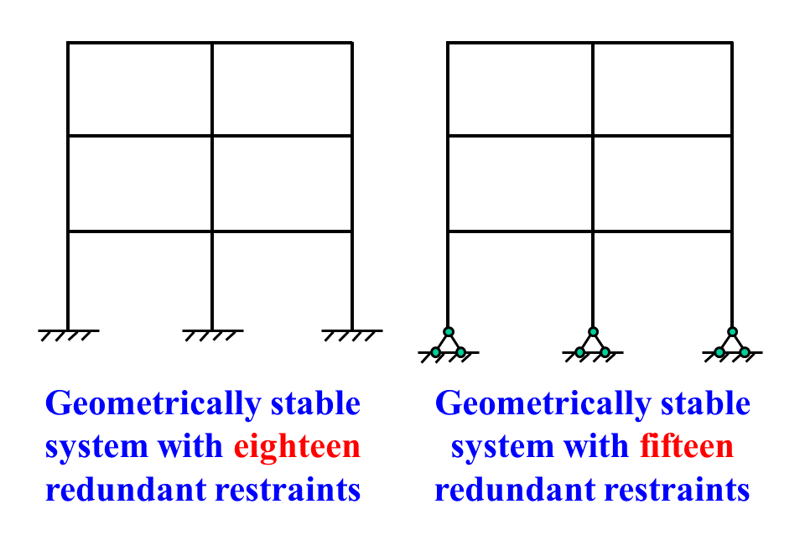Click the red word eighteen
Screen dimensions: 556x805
(x=296, y=447)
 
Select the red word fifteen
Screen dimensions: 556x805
(x=686, y=447)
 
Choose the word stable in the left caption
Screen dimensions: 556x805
(x=314, y=404)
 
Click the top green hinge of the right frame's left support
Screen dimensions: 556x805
(x=449, y=331)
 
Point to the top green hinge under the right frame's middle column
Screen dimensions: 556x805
(x=593, y=331)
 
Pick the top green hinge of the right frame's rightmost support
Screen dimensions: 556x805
(x=732, y=331)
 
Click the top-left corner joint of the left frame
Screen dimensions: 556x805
(x=68, y=43)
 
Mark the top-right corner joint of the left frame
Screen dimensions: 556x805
(x=351, y=43)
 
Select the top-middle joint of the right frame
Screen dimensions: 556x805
(x=593, y=43)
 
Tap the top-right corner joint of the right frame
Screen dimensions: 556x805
(x=732, y=43)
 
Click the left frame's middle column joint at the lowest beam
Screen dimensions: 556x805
(x=212, y=231)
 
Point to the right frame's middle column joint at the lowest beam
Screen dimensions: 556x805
(x=593, y=231)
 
